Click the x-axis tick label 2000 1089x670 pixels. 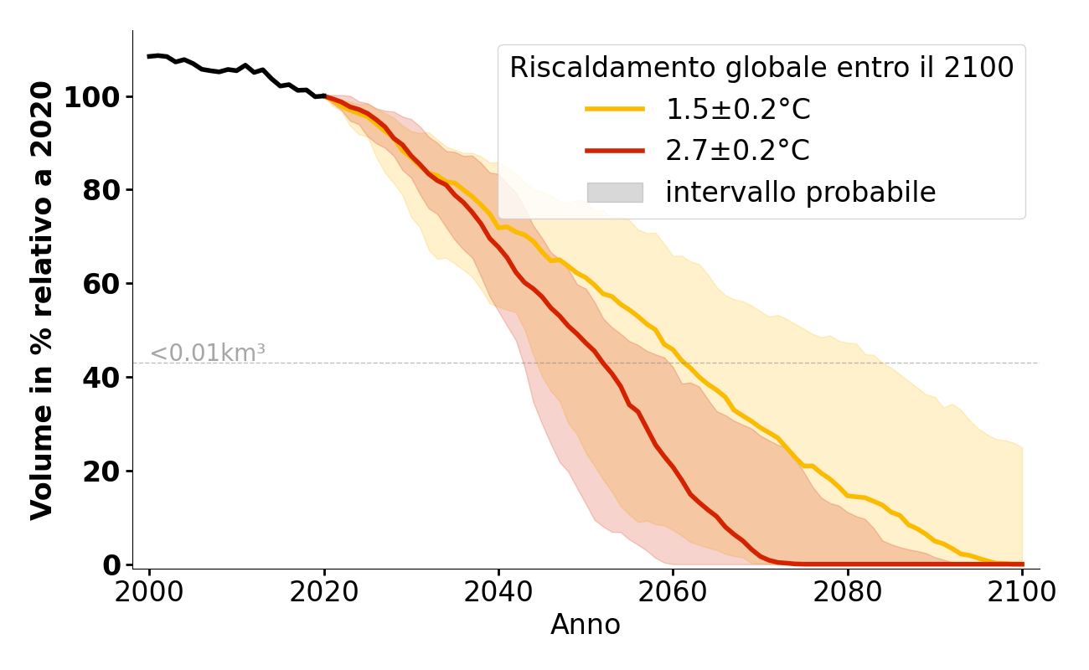coord(150,592)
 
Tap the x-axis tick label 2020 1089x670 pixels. coord(324,592)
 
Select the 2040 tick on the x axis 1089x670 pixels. coord(498,592)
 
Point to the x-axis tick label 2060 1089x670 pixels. coord(673,592)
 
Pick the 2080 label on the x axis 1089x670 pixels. coord(848,592)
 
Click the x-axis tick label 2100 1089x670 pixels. coord(1022,592)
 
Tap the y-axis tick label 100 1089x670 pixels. coord(92,98)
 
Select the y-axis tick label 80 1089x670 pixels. coord(101,191)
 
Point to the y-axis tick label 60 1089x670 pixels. coord(101,285)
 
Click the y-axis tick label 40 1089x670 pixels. coord(101,379)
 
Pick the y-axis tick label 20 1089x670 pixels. coord(101,472)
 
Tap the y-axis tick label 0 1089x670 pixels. coord(111,565)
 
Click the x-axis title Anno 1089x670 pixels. coord(586,626)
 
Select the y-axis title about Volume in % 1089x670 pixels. coord(42,300)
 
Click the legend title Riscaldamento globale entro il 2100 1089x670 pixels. coord(761,68)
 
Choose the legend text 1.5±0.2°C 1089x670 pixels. coord(737,110)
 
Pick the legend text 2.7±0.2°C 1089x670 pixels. coord(737,152)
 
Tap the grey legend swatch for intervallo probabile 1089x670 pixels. coord(615,193)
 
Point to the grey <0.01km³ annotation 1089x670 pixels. coord(208,353)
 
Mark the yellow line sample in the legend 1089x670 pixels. coord(615,109)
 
